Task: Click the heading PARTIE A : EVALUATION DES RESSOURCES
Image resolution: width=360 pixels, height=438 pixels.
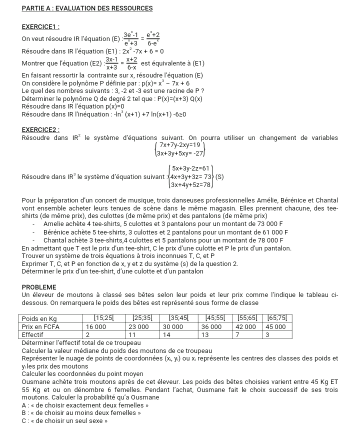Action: coord(87,8)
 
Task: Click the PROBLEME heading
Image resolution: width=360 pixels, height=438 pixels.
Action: coord(39,287)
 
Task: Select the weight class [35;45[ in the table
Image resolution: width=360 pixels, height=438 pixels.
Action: coord(179,318)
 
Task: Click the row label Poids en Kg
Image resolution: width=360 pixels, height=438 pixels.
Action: coord(40,318)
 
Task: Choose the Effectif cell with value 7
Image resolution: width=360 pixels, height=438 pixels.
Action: coord(238,334)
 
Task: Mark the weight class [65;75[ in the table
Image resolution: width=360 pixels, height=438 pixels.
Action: coord(277,318)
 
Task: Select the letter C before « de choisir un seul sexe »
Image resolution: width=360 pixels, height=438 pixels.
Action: coord(24,420)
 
